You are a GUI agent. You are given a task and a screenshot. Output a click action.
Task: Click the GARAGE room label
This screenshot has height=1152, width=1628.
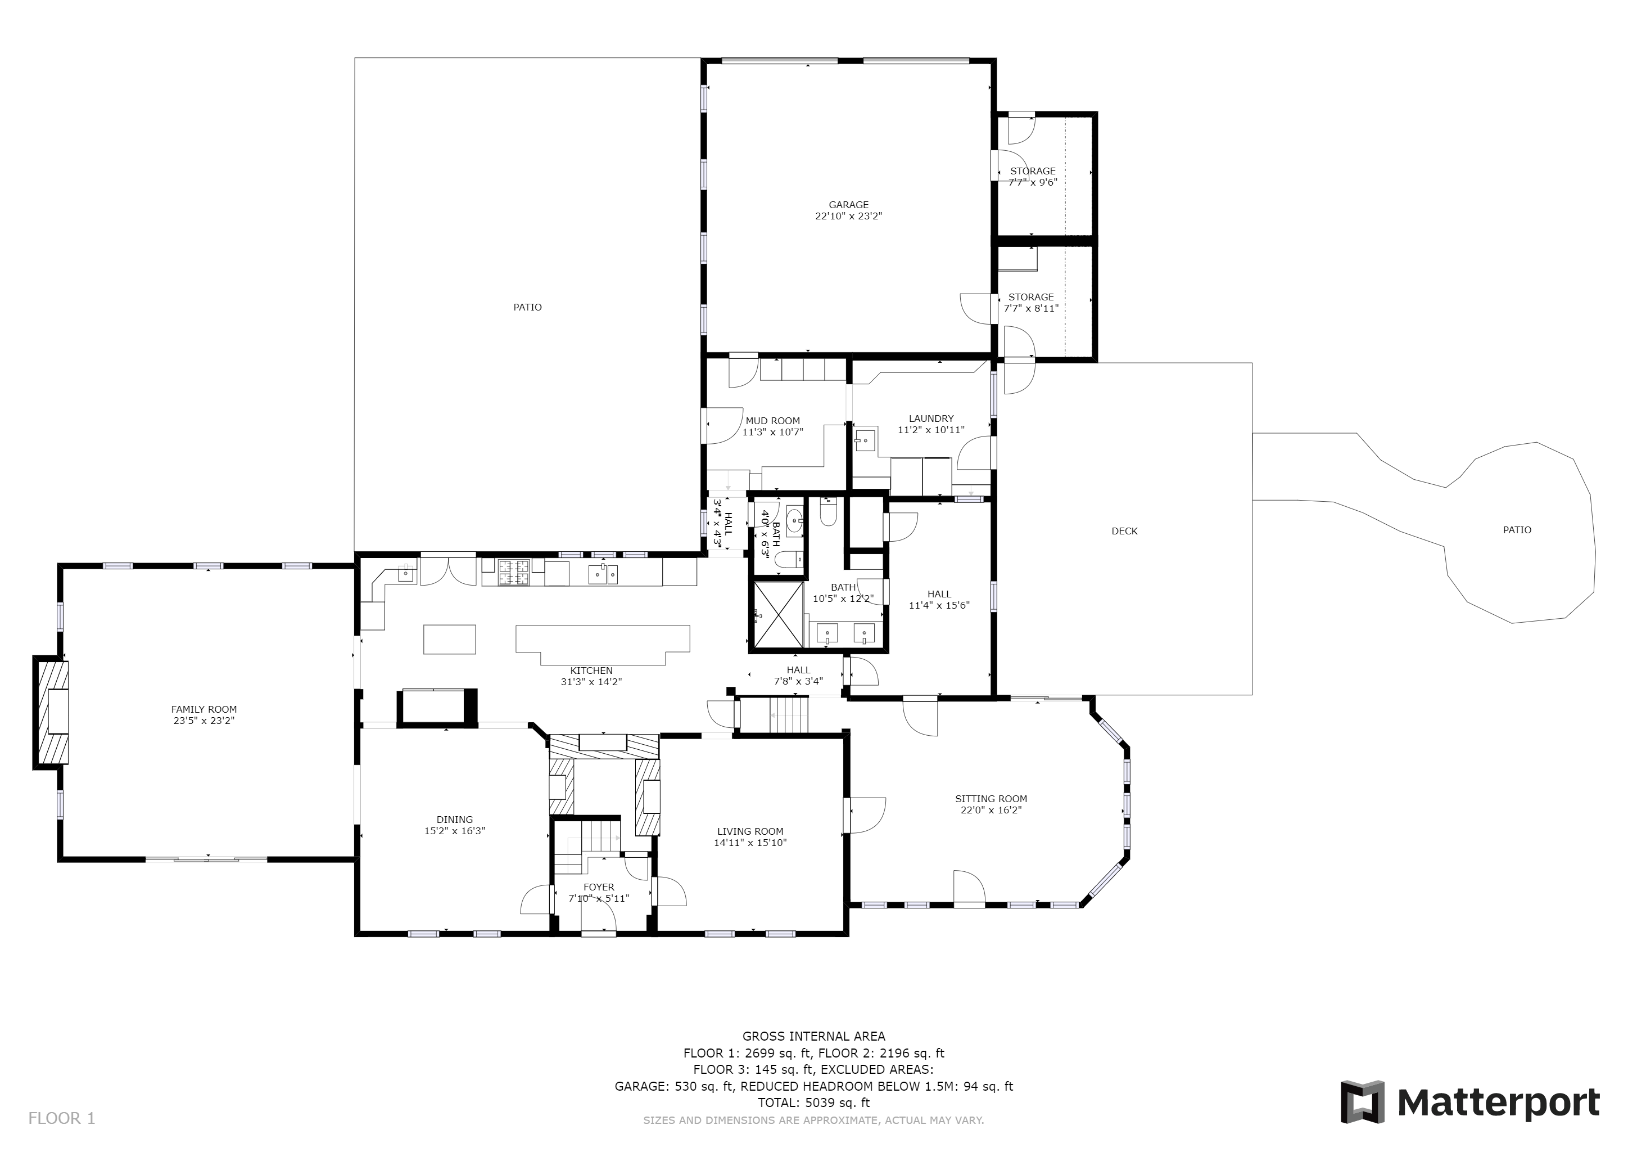[x=848, y=205]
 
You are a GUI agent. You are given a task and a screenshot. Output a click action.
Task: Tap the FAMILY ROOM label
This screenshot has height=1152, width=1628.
[x=204, y=709]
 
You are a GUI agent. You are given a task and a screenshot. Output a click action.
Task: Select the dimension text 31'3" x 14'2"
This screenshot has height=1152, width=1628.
[x=591, y=682]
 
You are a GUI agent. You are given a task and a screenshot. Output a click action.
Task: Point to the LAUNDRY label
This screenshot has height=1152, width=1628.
[x=931, y=418]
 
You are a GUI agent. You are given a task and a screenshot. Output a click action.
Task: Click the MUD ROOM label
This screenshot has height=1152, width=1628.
[x=773, y=421]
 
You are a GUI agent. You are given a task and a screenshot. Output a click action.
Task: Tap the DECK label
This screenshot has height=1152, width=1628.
[x=1124, y=530]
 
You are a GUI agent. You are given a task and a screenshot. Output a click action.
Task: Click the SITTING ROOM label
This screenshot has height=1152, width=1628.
[x=991, y=799]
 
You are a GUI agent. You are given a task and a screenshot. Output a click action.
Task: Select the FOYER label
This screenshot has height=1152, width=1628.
[x=599, y=886]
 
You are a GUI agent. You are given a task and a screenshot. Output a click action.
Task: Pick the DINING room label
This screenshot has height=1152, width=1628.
[x=455, y=820]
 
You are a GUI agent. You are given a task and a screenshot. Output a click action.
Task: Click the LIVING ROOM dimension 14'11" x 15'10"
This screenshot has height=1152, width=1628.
[x=750, y=843]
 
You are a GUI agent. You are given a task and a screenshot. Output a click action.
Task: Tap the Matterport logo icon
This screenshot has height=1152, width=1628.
[x=1362, y=1101]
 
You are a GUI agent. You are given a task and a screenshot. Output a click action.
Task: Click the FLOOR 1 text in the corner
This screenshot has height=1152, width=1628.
[x=62, y=1118]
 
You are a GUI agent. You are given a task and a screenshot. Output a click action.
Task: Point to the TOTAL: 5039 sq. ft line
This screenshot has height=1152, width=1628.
[x=814, y=1102]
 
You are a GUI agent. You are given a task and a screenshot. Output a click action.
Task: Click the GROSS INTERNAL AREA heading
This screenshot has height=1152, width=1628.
[x=814, y=1036]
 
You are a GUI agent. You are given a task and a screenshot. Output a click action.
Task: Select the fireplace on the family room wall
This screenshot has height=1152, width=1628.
[x=52, y=712]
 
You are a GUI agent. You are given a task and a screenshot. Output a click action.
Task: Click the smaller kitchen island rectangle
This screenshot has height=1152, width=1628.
[x=450, y=639]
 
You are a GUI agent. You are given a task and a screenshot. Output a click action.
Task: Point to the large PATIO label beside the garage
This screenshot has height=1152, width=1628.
[x=527, y=307]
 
